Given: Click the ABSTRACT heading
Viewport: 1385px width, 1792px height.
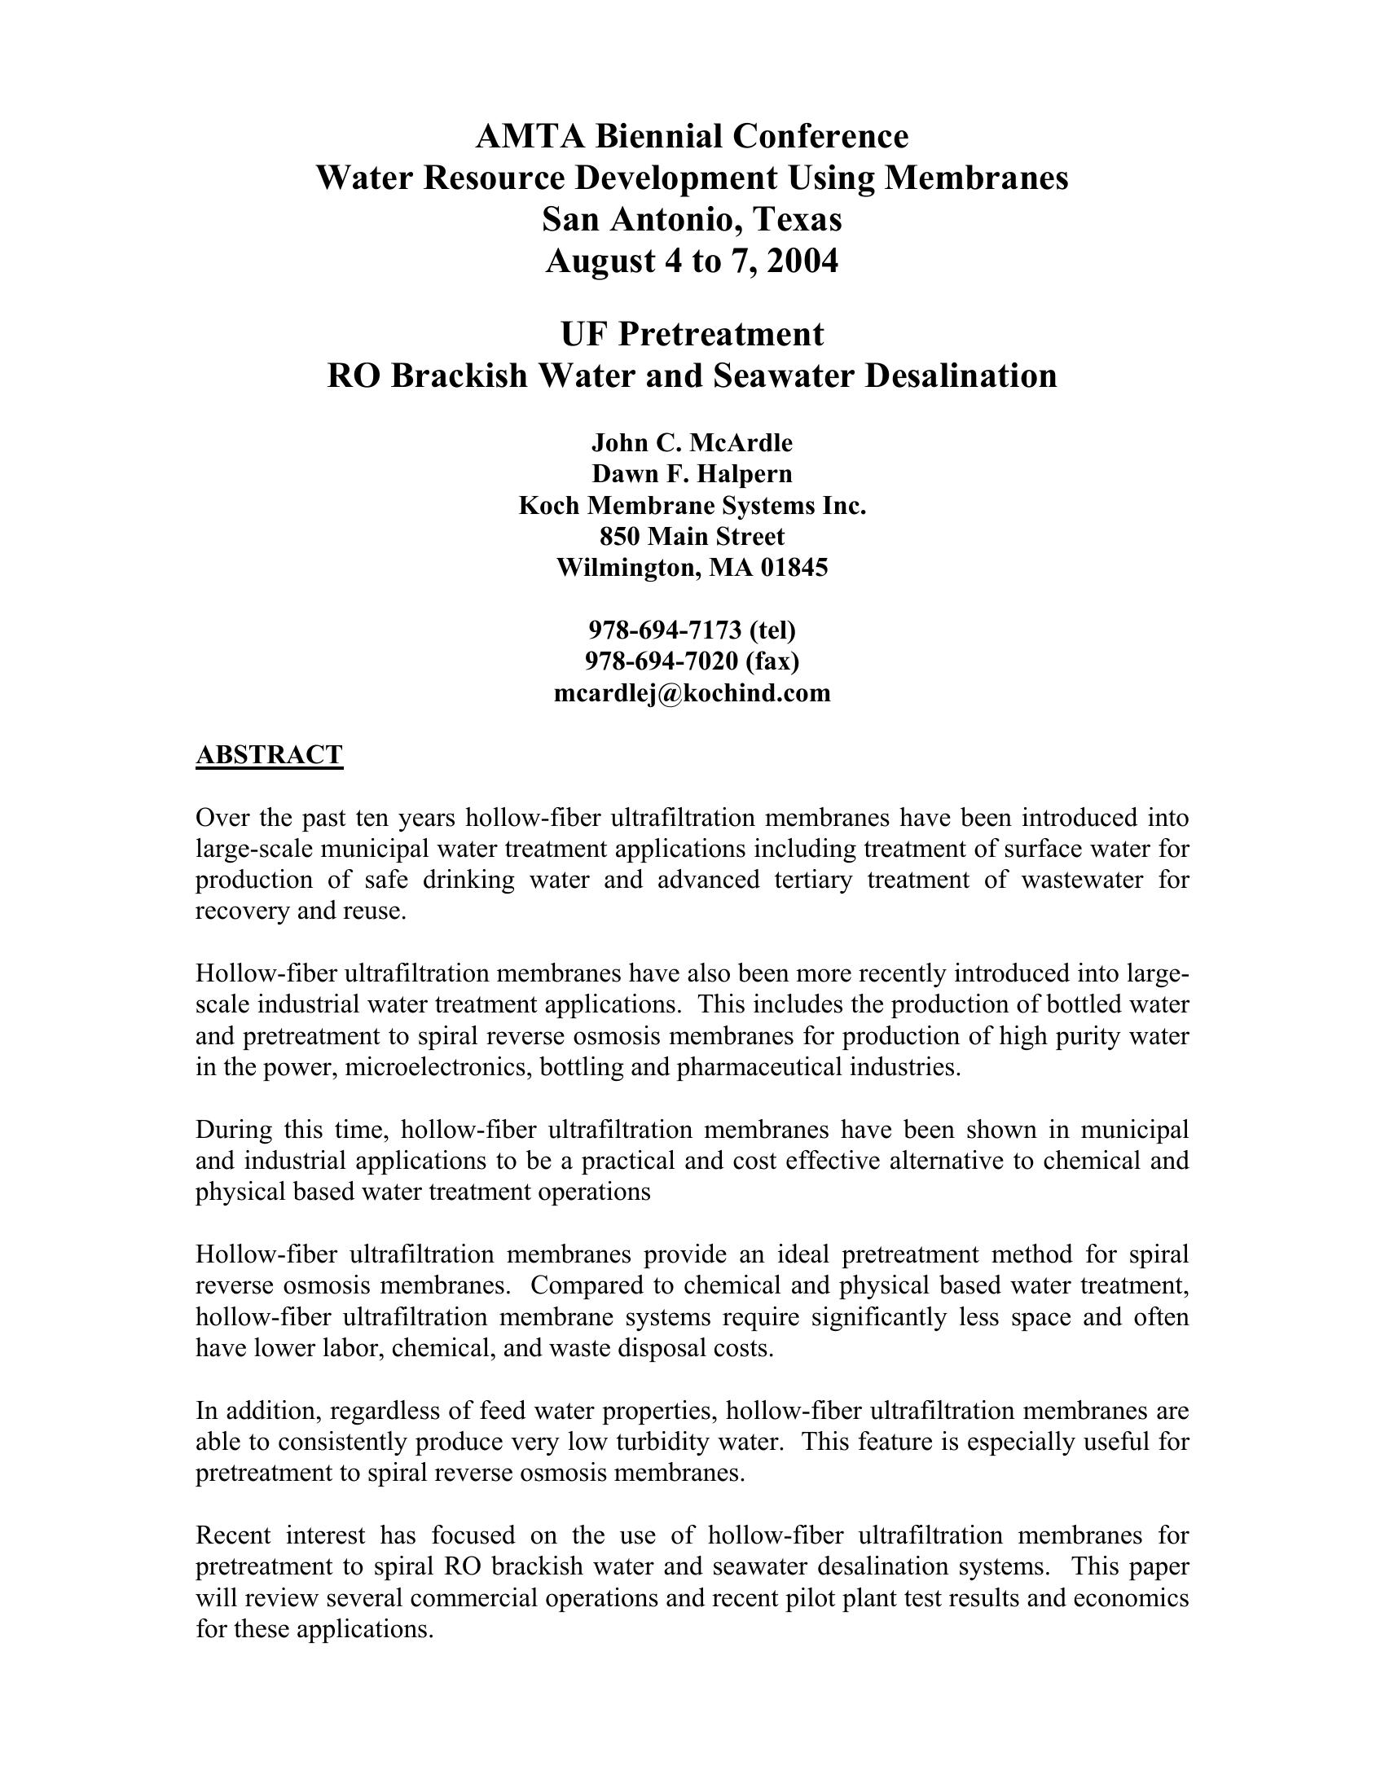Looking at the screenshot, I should [269, 754].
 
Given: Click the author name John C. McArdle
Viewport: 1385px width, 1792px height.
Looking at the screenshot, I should [692, 443].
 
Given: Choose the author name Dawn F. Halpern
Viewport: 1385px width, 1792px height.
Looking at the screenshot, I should [692, 474].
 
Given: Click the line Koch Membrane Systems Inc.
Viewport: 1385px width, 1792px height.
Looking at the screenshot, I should [692, 506].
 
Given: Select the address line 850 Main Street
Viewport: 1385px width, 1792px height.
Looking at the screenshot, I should [692, 537].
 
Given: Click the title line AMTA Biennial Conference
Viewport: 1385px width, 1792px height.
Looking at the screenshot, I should [692, 136].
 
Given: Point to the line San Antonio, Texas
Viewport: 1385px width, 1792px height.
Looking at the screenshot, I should [692, 219].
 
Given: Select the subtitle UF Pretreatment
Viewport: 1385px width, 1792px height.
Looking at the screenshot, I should [692, 334].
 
